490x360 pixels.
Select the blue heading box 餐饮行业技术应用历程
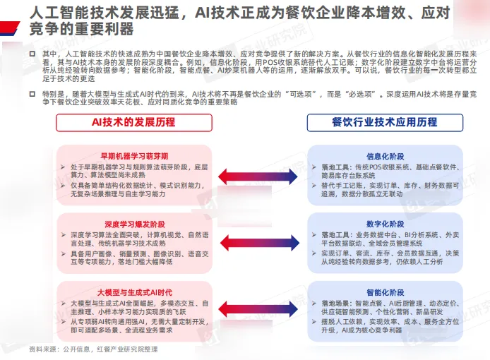(384, 122)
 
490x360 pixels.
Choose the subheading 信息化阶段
(384, 155)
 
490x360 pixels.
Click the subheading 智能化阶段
(384, 290)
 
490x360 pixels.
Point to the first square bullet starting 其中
(32, 53)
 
